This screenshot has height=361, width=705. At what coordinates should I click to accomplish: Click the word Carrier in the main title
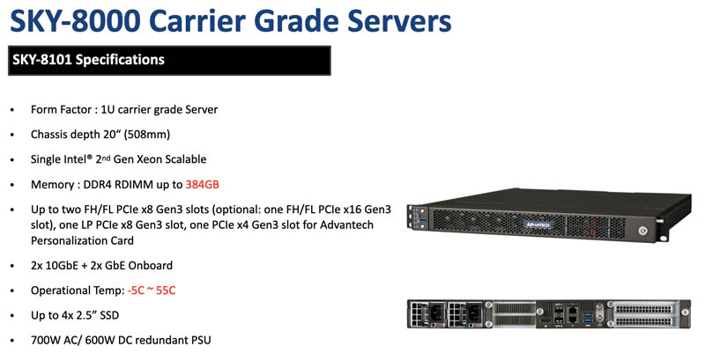pos(199,20)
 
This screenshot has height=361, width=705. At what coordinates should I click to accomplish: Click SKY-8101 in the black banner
pos(41,60)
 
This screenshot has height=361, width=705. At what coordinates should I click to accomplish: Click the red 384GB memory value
pos(203,185)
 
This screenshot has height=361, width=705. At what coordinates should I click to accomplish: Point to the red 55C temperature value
pos(166,291)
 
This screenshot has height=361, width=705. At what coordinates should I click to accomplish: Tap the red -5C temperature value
pos(137,291)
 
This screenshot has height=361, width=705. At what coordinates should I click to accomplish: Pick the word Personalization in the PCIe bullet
pos(63,240)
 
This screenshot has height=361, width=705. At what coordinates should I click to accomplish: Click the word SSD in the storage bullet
pos(109,315)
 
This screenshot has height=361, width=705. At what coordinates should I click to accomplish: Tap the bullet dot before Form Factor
pos(12,110)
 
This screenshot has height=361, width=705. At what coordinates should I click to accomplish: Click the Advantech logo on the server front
pos(538,224)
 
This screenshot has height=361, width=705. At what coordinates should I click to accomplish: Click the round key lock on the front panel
pos(643,231)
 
